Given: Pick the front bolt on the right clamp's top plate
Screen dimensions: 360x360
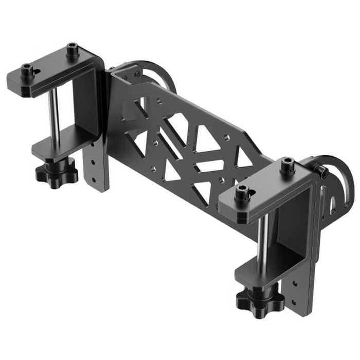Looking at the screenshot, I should pos(242,192).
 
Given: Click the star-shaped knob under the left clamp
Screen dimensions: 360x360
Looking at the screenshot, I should pos(57,172).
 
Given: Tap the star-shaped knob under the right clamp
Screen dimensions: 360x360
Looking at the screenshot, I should pos(260,298).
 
